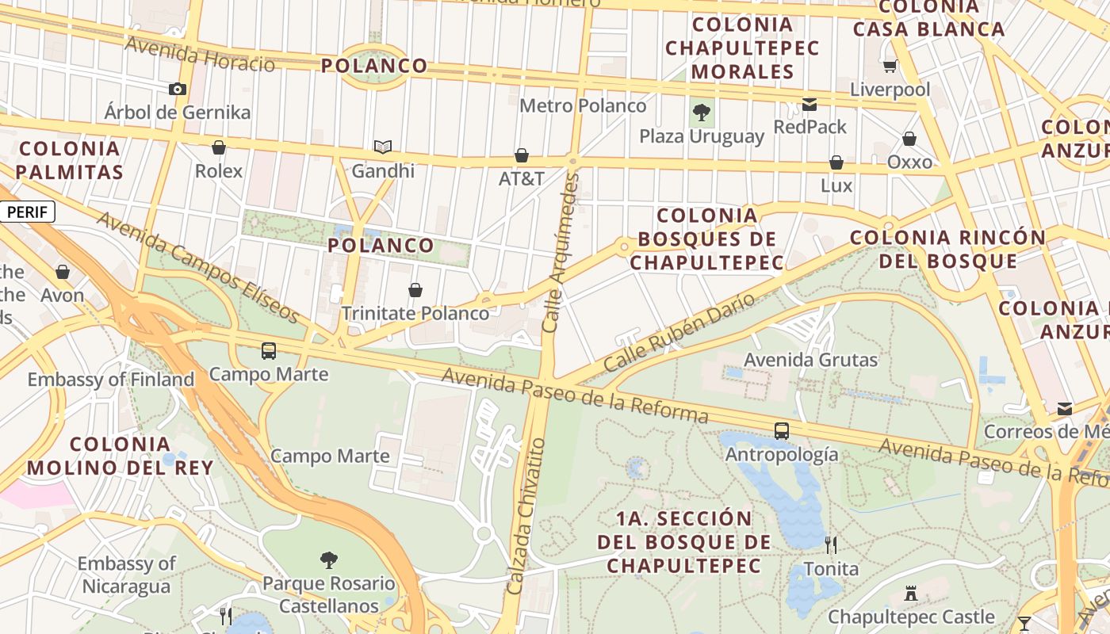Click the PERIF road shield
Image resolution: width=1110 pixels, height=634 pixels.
pos(28,212)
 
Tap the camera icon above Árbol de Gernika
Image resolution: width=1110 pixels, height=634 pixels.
pos(178,89)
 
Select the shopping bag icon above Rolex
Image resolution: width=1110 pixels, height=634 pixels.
pos(219,147)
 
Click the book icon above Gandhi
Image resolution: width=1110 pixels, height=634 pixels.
pos(383,147)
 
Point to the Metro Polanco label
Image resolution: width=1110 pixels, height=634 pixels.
pos(583,105)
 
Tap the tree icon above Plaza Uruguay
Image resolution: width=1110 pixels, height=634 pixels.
pos(702,112)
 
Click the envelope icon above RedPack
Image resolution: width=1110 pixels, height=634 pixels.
pos(810,104)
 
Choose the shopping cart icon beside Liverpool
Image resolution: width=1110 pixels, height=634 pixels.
pos(890,66)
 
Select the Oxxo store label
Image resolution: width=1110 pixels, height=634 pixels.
pos(909,162)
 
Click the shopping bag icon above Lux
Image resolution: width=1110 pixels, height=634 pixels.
pos(836,162)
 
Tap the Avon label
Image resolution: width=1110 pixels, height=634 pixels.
pos(63,295)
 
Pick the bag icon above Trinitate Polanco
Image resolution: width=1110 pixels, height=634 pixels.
pos(415,290)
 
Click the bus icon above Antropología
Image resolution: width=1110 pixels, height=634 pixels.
pos(782,430)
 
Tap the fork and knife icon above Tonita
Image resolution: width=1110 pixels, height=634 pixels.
pos(831,544)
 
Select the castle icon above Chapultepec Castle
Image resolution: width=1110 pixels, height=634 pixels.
pos(911,593)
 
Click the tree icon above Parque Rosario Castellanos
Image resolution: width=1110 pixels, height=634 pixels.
pos(329,560)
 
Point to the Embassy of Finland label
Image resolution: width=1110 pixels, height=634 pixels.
pos(111,380)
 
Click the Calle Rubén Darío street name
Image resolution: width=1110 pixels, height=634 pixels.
pos(679,333)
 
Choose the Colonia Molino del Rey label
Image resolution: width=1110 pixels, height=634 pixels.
pos(120,456)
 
